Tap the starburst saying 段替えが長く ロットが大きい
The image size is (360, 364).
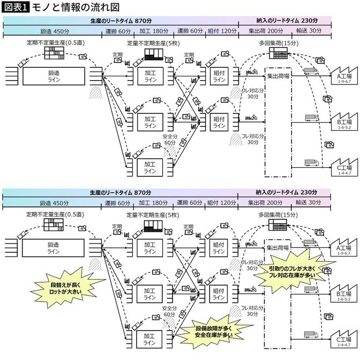[x=61, y=286]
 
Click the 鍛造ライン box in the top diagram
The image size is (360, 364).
[x=53, y=76]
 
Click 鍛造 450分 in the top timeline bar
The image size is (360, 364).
[x=53, y=32]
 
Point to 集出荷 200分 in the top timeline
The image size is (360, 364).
[x=265, y=32]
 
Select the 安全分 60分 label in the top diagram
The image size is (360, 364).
[x=169, y=140]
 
